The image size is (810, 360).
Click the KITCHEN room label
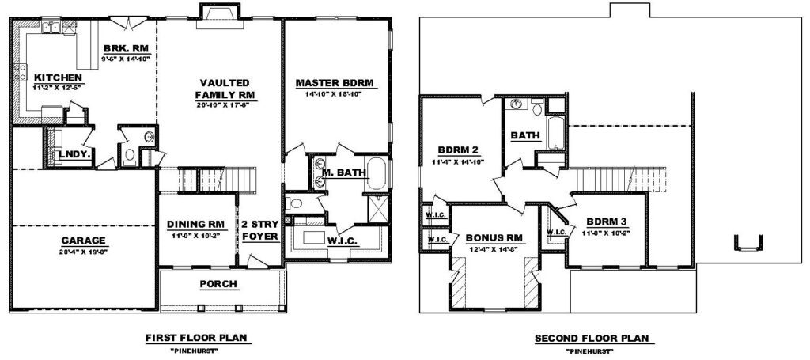(x=58, y=78)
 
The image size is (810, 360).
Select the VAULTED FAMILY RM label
(x=225, y=89)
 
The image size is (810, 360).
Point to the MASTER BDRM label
(x=335, y=83)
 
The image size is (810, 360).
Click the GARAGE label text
(x=83, y=241)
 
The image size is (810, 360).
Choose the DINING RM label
(x=195, y=225)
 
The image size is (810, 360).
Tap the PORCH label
(x=218, y=283)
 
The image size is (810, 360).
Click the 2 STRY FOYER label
(x=261, y=230)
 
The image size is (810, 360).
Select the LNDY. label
(x=75, y=154)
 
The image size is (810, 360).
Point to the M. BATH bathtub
(x=376, y=173)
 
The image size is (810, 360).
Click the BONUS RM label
(x=494, y=238)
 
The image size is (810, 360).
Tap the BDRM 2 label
(x=458, y=151)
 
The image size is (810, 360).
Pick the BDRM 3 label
(x=607, y=222)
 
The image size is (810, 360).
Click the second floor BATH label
(x=525, y=136)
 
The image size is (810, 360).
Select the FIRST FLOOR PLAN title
(x=199, y=339)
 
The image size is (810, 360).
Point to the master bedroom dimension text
(x=335, y=94)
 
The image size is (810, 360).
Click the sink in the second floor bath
(x=516, y=104)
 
